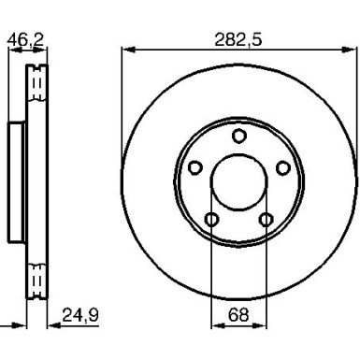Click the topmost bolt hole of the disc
(x=238, y=137)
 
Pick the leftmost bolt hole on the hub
(x=195, y=168)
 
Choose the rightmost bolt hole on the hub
(x=282, y=168)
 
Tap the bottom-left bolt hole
(x=212, y=220)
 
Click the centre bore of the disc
(x=238, y=182)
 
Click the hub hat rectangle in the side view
(x=17, y=182)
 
